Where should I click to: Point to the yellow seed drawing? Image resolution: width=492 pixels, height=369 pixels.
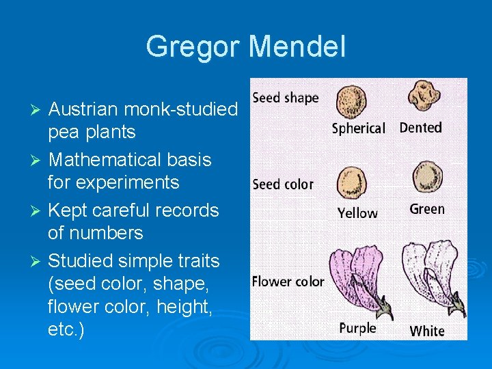point(353,182)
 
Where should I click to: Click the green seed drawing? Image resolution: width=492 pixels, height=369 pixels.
point(426,178)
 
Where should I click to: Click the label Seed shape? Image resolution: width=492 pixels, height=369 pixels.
point(286,98)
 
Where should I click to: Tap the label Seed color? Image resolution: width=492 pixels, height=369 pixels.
point(283,184)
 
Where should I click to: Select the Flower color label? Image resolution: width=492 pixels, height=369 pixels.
point(288,282)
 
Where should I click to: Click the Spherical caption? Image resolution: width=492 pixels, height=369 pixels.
point(358,128)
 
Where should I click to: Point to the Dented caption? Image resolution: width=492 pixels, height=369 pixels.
point(420,128)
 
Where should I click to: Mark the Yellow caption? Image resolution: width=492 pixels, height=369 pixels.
point(357,213)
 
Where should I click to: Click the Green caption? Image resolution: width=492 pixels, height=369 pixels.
point(427,209)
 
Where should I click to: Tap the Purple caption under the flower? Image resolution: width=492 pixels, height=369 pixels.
point(357,329)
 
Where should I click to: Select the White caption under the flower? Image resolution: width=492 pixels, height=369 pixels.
point(427,331)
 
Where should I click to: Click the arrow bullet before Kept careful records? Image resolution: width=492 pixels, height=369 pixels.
point(39,210)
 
